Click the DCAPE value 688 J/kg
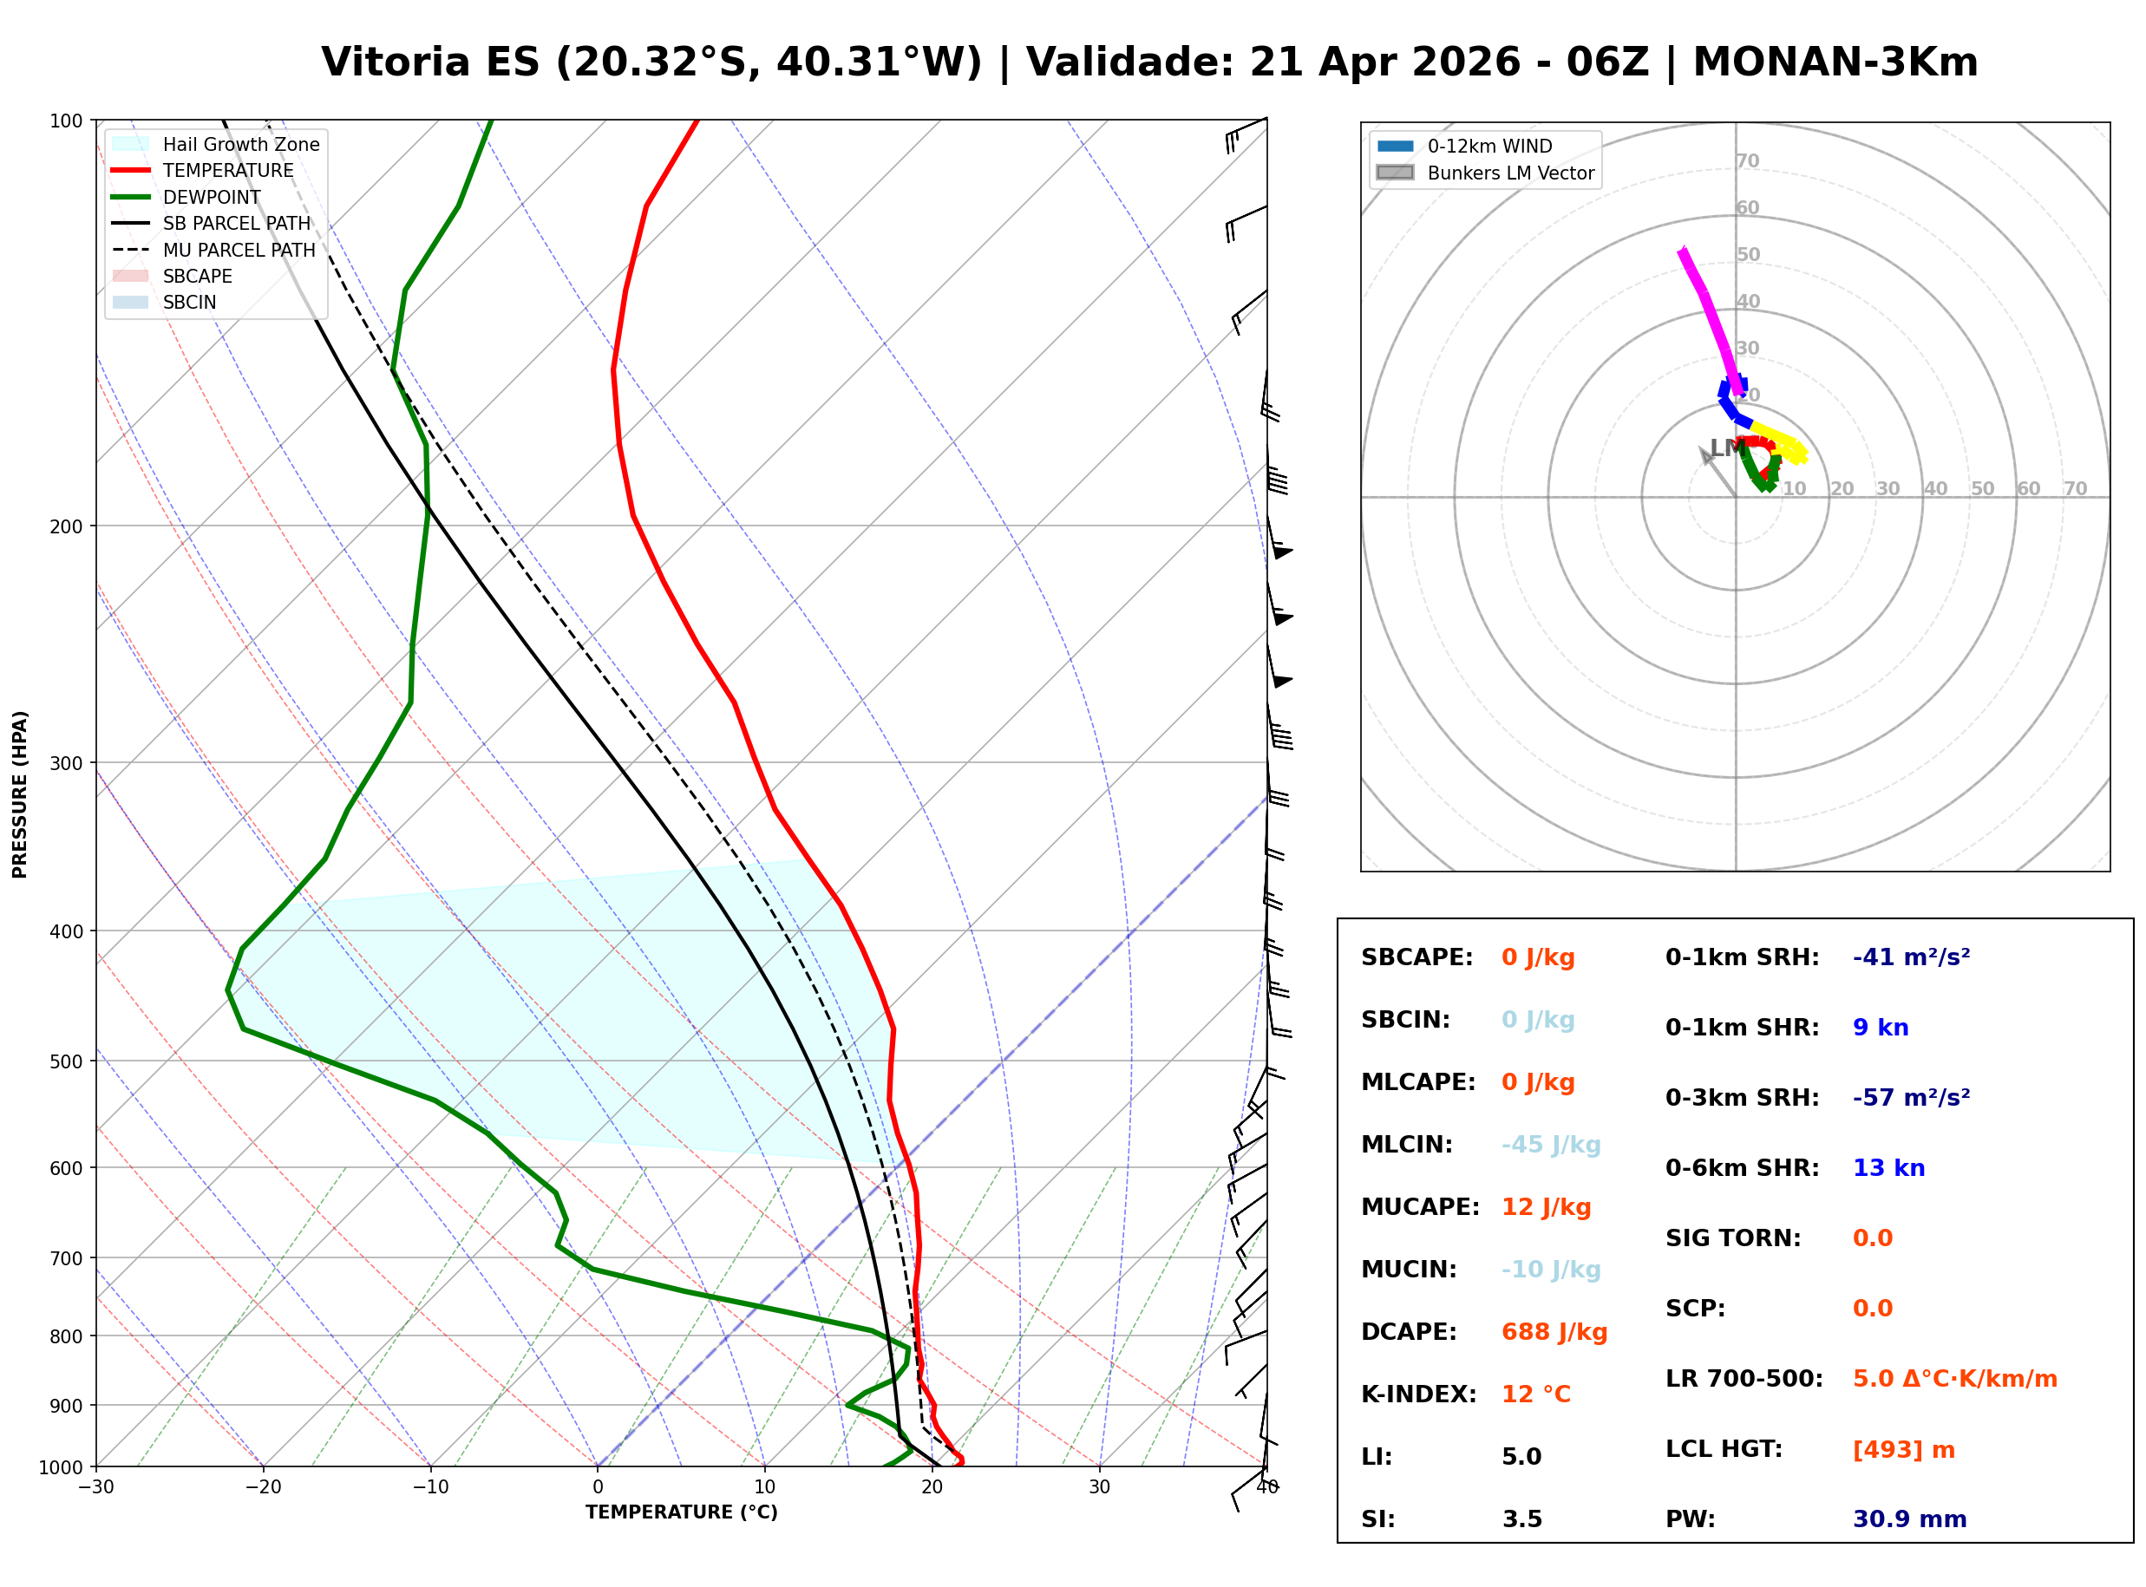coord(1554,1332)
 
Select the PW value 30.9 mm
coord(1908,1519)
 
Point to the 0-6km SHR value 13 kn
coord(1888,1168)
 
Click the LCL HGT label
coord(1724,1450)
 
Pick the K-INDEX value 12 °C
coord(1535,1394)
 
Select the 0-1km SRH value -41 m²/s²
coord(1911,957)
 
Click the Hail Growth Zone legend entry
coord(240,144)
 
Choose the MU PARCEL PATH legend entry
coord(239,250)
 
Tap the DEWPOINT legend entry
coord(212,197)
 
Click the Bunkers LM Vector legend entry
coord(1510,173)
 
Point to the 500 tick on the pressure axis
coord(65,1061)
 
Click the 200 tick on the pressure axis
coord(65,526)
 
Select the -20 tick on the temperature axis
coord(262,1487)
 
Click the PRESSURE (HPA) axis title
coord(20,794)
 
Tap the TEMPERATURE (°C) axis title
coord(681,1512)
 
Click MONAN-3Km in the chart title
coord(1835,62)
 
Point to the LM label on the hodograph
coord(1726,447)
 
